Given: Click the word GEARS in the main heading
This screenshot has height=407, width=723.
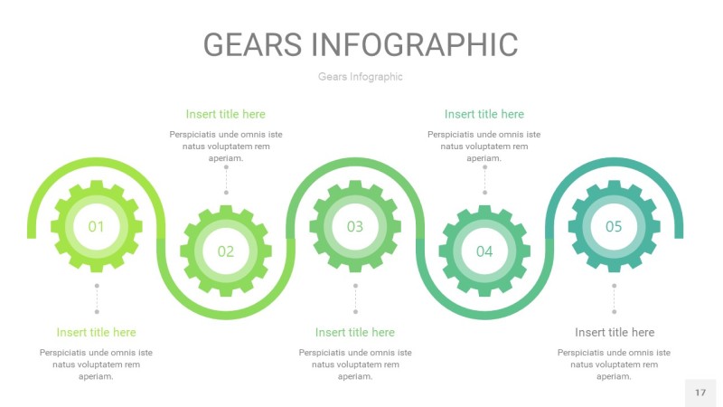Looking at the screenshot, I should point(251,44).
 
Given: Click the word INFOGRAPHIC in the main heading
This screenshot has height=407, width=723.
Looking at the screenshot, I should point(414,44).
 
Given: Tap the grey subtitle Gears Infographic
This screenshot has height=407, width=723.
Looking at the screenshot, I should point(361,77).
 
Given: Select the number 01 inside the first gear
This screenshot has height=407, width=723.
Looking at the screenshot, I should point(97,226).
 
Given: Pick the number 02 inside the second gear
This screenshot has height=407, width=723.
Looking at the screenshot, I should point(226,251).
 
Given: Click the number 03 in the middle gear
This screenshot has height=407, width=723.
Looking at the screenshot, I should point(355,226).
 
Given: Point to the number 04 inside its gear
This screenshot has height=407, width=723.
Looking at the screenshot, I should point(484,251).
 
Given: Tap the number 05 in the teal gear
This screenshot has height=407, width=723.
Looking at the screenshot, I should point(614,226).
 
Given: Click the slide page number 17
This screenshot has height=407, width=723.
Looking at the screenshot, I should point(700,393).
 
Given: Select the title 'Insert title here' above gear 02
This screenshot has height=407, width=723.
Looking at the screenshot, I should point(226,114).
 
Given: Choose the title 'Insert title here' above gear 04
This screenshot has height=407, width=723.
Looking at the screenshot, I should point(484,114).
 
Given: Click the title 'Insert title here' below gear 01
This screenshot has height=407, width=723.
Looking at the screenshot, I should point(97,332).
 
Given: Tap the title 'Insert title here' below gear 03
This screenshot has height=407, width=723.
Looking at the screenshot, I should point(355,332).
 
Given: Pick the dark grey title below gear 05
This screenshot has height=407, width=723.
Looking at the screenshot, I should point(615,332).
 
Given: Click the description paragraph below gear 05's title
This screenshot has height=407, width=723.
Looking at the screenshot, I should point(615,364).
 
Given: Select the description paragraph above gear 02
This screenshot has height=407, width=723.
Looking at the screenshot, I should point(226,146).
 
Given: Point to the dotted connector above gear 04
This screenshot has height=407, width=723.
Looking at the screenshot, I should point(484,179).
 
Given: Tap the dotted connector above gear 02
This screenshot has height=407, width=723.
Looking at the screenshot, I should point(226,179).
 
